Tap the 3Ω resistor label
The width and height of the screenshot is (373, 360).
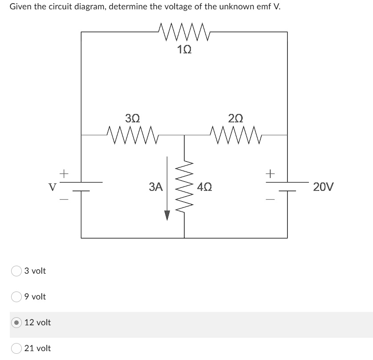[x=133, y=118]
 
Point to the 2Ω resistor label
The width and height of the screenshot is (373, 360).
[x=236, y=118]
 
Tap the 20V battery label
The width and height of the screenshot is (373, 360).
[x=323, y=186]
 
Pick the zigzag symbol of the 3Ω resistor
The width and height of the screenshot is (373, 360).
[x=133, y=132]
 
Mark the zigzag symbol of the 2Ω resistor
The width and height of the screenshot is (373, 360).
[x=236, y=132]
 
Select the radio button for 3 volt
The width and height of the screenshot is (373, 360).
[x=16, y=271]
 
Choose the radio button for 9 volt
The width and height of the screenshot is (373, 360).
[x=16, y=297]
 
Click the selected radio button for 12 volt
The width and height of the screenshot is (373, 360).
[x=16, y=323]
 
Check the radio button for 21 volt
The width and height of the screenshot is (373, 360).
[x=16, y=348]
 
